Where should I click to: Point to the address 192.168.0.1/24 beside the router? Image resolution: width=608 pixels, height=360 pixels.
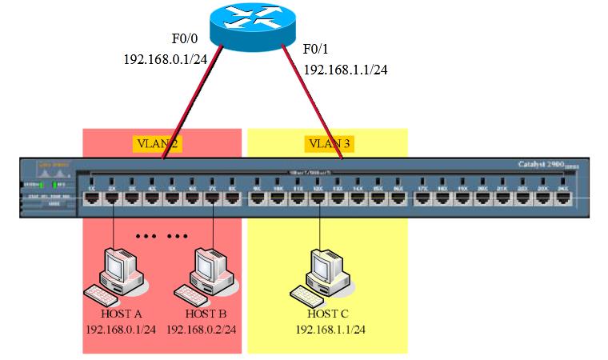pos(165,59)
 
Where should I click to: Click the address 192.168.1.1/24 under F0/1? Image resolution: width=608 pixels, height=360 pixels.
pos(346,70)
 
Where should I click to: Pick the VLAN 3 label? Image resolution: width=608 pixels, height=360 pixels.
pos(329,144)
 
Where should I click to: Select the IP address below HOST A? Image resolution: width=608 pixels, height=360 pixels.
pos(120,330)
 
